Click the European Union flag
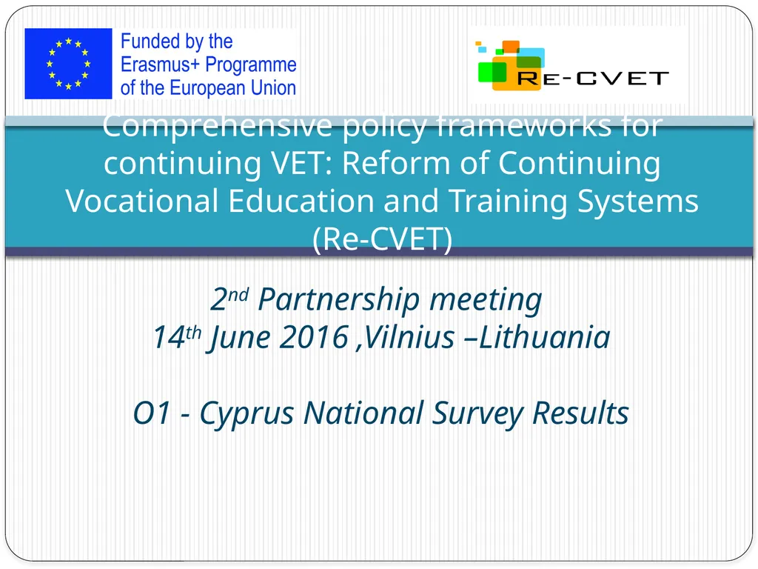tap(68, 64)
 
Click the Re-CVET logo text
tap(593, 78)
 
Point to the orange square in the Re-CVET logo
tap(511, 47)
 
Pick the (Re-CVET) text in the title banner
tap(381, 239)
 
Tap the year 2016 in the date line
tap(315, 338)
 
